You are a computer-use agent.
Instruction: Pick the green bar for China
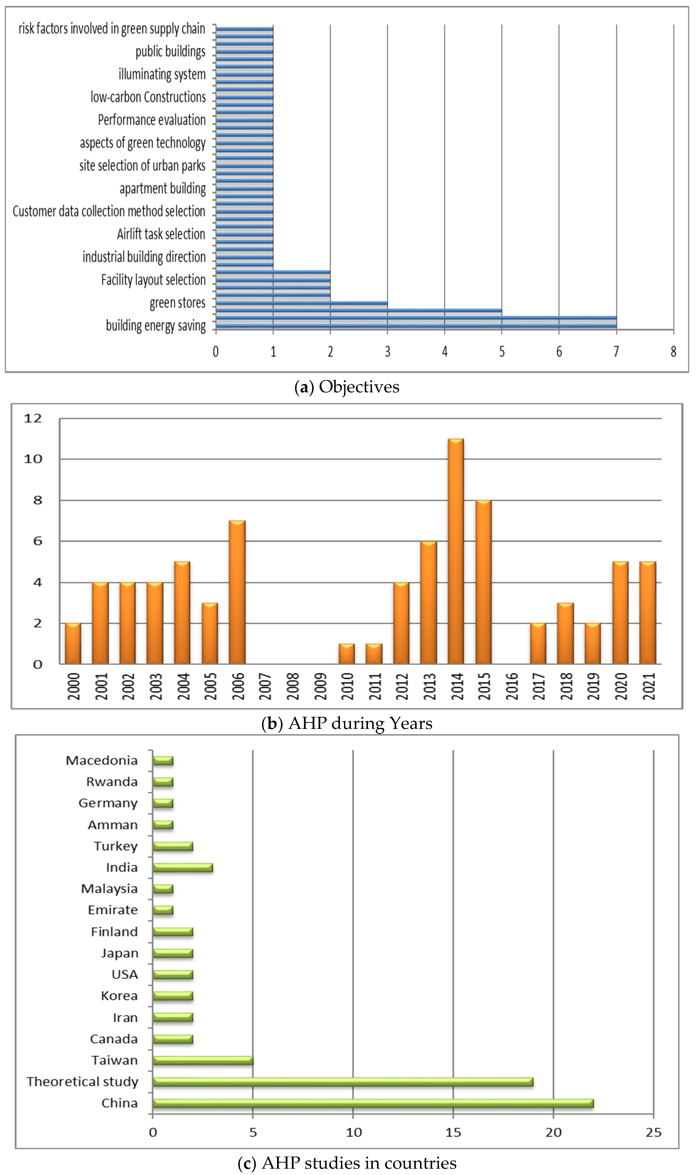pos(373,1103)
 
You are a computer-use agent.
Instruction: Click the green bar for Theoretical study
pos(343,1082)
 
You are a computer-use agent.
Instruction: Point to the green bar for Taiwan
pos(203,1060)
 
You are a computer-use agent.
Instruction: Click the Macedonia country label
pos(102,760)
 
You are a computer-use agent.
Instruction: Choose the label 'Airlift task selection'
pos(161,234)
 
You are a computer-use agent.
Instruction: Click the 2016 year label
pos(512,686)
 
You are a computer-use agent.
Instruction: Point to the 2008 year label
pos(293,686)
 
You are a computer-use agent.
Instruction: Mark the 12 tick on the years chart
pos(33,418)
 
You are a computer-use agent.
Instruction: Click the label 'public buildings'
pos(170,52)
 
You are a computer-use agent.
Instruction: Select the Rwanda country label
pos(112,782)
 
